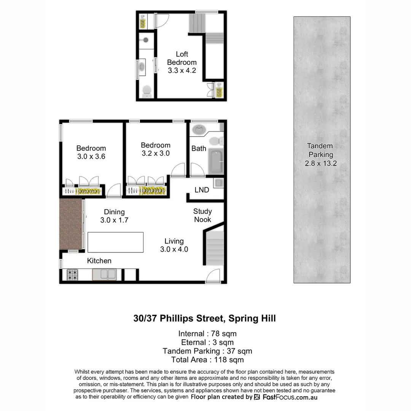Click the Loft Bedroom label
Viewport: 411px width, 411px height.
pos(182,58)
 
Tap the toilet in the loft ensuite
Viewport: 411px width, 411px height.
pos(147,91)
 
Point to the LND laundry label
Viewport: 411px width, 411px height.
pos(202,190)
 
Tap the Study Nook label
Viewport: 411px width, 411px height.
pos(202,215)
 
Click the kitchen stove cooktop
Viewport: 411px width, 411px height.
pos(73,274)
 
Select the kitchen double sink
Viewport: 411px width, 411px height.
pos(104,274)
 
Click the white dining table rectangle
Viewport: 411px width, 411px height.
pos(115,242)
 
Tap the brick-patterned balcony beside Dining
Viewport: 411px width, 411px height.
pos(71,225)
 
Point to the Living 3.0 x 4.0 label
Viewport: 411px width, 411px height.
pos(174,245)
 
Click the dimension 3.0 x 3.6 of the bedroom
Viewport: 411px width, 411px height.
pos(91,156)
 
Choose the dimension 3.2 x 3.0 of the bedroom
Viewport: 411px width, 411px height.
pos(155,153)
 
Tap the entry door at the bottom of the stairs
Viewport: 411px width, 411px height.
pos(213,276)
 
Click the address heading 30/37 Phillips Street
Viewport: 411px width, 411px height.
pos(204,318)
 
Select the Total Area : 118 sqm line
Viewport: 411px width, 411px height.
pos(207,360)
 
